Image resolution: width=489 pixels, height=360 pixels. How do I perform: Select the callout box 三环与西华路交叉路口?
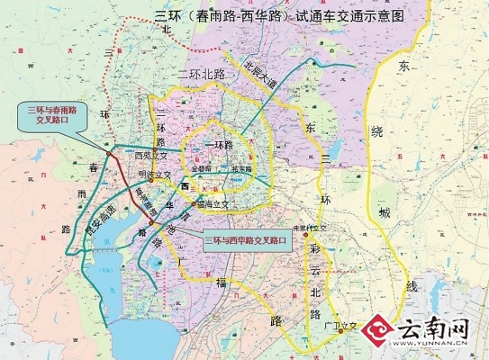[x=246, y=241]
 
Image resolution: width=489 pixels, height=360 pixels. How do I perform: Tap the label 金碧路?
[x=201, y=167]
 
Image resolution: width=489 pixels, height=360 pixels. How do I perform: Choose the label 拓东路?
[x=244, y=167]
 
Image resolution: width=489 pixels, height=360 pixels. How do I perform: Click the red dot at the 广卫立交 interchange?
[x=340, y=328]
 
